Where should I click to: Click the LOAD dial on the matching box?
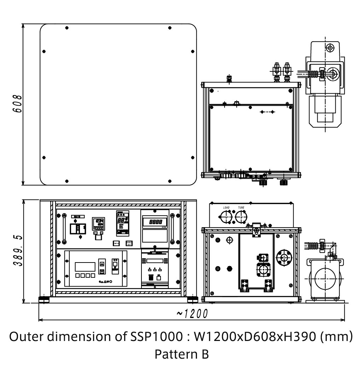pos(226,216)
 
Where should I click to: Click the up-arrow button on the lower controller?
pos(101,263)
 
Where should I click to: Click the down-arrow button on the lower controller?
pos(101,271)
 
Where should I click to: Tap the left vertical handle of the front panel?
pos(64,229)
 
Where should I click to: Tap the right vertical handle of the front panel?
pos(172,229)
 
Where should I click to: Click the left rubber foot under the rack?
pos(45,300)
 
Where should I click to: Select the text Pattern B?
pos(181,354)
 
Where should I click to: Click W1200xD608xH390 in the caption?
pos(254,337)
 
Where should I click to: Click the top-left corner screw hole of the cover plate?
pos(67,28)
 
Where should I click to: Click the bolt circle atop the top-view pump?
pos(330,47)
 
